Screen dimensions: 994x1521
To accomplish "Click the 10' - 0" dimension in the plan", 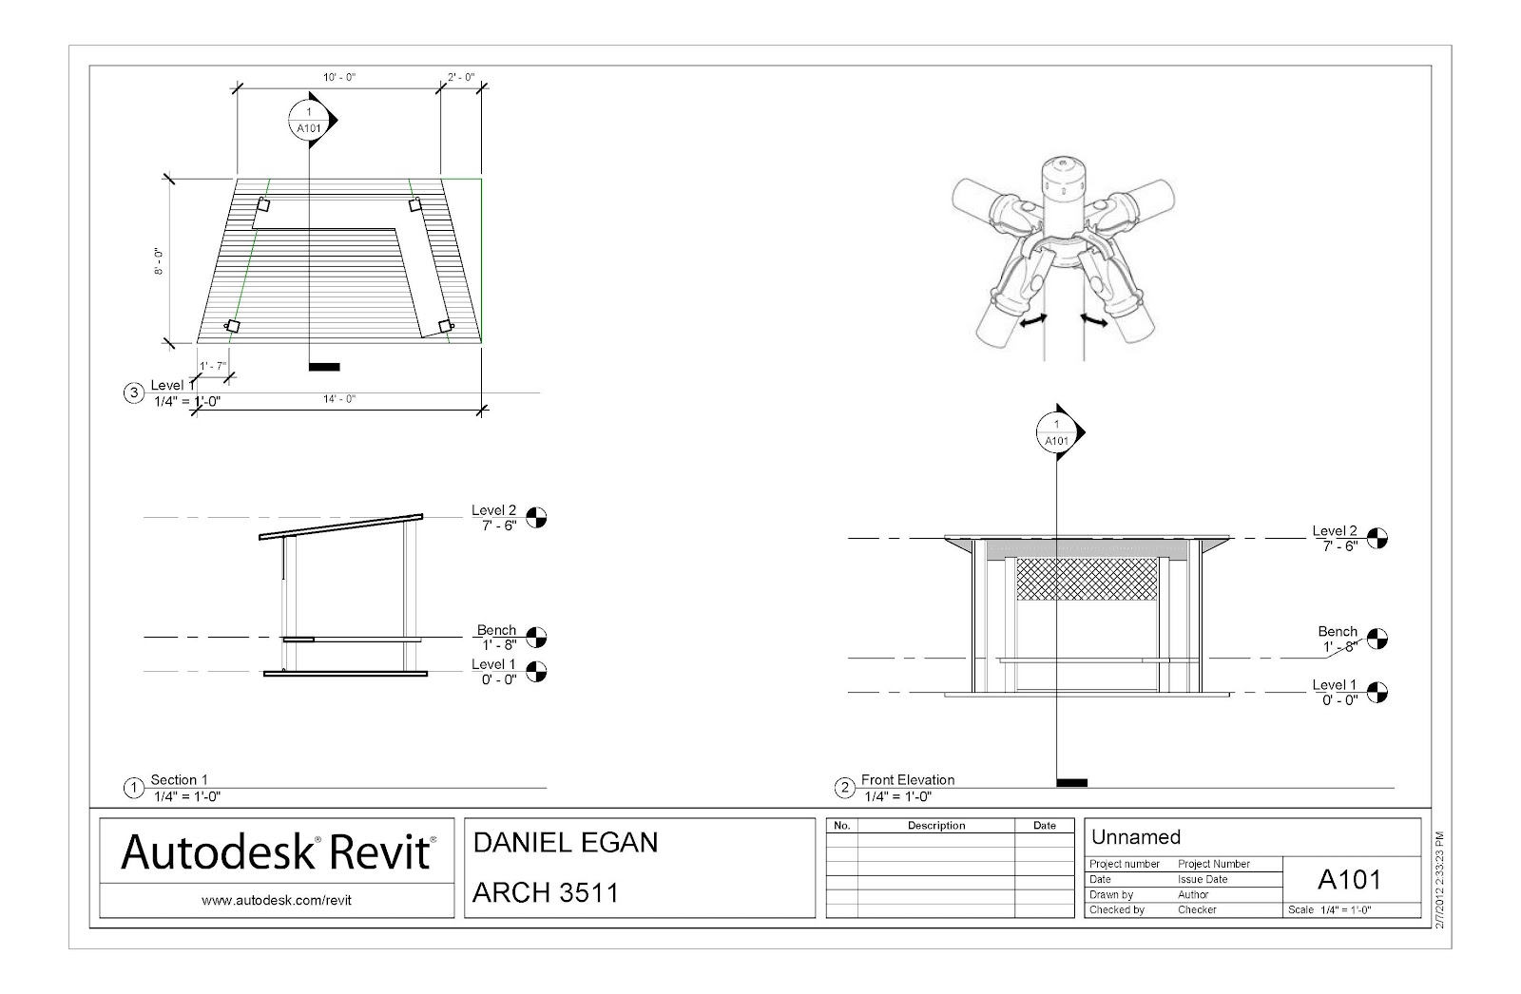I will click(x=338, y=77).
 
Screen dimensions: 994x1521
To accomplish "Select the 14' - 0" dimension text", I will click(x=338, y=399).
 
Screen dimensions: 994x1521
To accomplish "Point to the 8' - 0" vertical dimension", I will click(x=159, y=259).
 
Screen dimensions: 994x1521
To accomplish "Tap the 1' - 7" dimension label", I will click(x=213, y=366).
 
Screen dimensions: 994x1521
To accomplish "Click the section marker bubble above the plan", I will click(x=308, y=121).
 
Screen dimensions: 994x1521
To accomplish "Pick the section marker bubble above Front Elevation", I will click(x=1056, y=433).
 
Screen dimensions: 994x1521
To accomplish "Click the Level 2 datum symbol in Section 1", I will click(x=537, y=518).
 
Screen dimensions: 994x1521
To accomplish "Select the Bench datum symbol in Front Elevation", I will click(x=1377, y=640).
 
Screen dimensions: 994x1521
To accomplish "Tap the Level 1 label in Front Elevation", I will click(x=1334, y=685).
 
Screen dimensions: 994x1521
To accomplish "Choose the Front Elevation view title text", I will click(x=907, y=780).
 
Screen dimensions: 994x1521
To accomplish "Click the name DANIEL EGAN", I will click(x=565, y=842).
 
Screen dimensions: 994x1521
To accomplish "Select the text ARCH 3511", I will click(x=546, y=893).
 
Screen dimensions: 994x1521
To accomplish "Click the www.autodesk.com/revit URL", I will click(x=277, y=900).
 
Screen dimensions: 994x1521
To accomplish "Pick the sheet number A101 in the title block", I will click(x=1349, y=880).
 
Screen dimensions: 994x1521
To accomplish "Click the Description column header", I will click(x=935, y=826).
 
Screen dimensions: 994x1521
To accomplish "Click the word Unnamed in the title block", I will click(x=1136, y=837).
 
